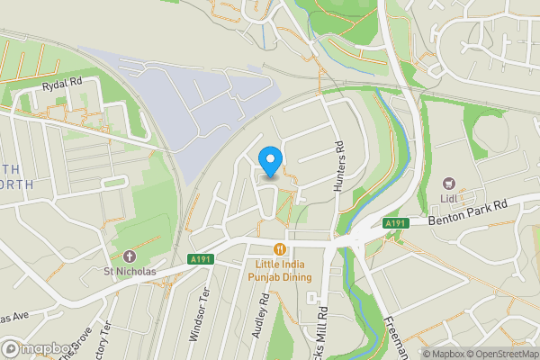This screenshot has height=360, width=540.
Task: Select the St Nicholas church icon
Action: (x=128, y=256)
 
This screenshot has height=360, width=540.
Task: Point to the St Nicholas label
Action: (x=128, y=270)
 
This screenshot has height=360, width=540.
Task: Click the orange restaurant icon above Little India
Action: (x=280, y=249)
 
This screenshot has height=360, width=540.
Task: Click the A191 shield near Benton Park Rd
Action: (x=396, y=223)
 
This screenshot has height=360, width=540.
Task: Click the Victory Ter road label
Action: (x=107, y=340)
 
